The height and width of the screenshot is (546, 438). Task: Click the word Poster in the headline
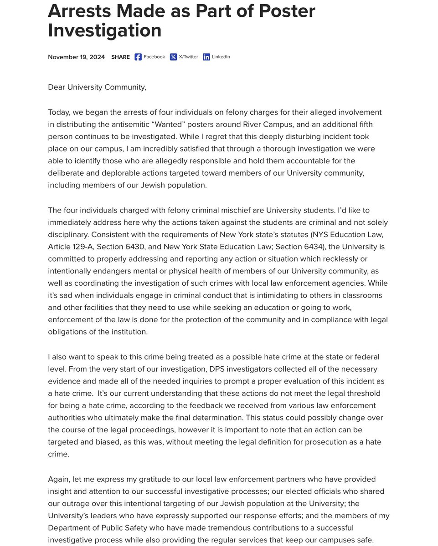pos(285,10)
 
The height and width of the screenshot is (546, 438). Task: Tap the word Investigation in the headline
pos(104,30)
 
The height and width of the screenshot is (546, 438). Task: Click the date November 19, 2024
pos(76,57)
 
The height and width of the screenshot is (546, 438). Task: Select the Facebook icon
pos(138,57)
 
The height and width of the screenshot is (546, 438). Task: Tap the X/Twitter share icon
pos(173,57)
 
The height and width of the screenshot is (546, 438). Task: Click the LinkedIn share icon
pos(206,57)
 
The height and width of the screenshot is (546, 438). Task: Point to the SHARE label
pos(120,57)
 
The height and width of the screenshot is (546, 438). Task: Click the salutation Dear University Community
pos(97,86)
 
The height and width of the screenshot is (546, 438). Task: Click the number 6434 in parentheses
pos(321,247)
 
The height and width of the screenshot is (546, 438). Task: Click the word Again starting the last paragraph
pos(59,479)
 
